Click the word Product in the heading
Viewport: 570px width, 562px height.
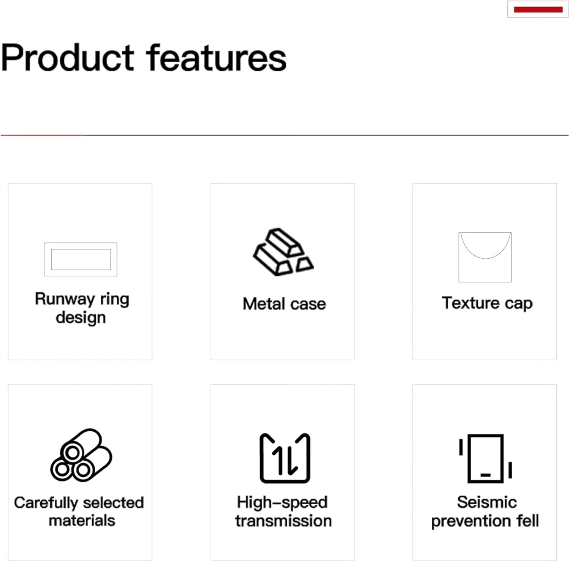[x=68, y=58]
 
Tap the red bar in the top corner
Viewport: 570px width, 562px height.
[x=538, y=9]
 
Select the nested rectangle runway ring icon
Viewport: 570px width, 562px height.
[x=81, y=243]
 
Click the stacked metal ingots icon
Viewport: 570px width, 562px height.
[x=283, y=252]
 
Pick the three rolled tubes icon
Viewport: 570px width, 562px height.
[x=81, y=455]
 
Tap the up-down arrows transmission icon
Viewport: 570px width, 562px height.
[x=285, y=458]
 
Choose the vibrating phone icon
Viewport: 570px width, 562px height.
[x=486, y=459]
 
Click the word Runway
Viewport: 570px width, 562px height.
[x=65, y=299]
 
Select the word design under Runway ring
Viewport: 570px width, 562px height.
[x=81, y=317]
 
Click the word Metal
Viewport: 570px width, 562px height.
[x=264, y=304]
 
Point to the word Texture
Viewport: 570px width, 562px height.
[x=470, y=303]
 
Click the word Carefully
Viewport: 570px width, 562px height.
[x=46, y=503]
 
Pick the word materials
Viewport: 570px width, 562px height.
[x=82, y=521]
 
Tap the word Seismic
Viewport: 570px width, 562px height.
[x=487, y=502]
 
